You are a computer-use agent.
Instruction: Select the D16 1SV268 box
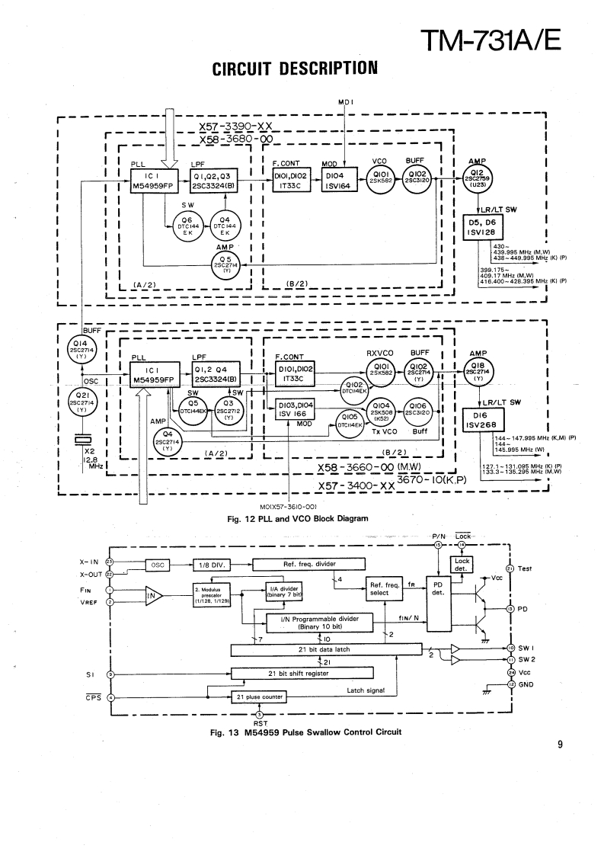[484, 420]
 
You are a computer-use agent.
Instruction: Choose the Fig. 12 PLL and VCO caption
[298, 519]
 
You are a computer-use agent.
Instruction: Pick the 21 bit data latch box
[326, 648]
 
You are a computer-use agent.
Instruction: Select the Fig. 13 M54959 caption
[299, 733]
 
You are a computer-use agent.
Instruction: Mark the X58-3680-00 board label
[235, 140]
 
